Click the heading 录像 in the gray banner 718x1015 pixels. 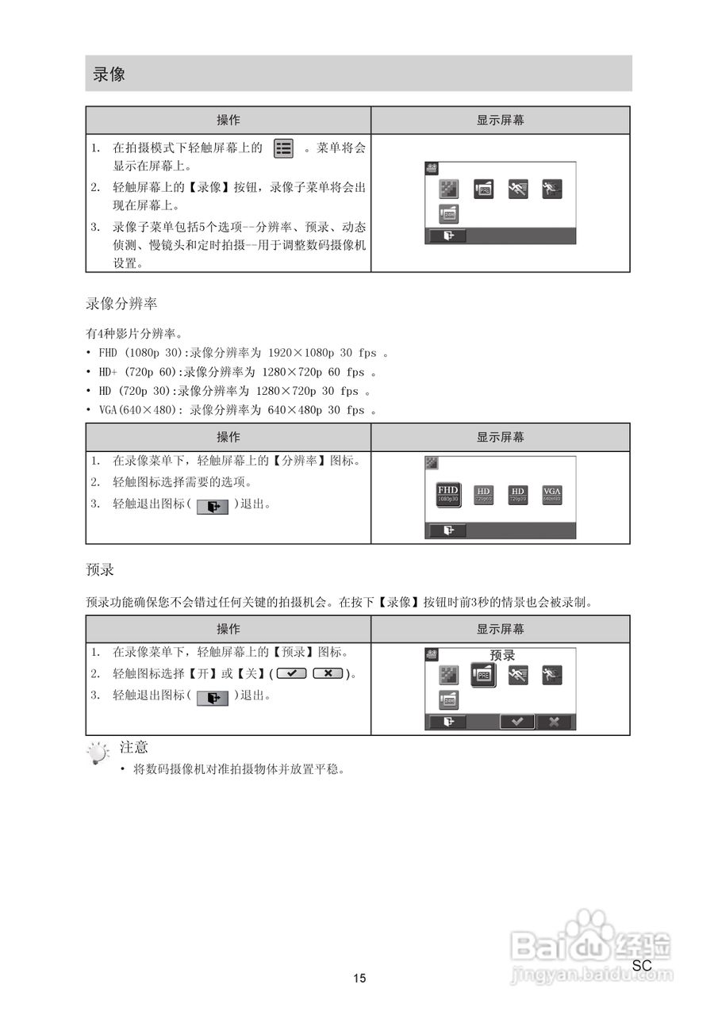pos(109,75)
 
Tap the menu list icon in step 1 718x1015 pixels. pos(283,148)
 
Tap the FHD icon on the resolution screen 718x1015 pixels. pos(448,493)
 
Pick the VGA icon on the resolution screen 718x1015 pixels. pos(551,495)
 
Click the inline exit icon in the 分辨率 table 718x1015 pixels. pos(212,506)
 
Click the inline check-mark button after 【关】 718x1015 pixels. pos(292,673)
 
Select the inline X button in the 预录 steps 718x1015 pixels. pos(328,673)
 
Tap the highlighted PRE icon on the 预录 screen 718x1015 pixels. pos(483,676)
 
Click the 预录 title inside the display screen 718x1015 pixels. pos(502,656)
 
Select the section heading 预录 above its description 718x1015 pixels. pos(101,570)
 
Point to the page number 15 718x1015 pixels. pos(359,979)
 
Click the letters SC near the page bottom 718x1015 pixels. pos(642,966)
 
